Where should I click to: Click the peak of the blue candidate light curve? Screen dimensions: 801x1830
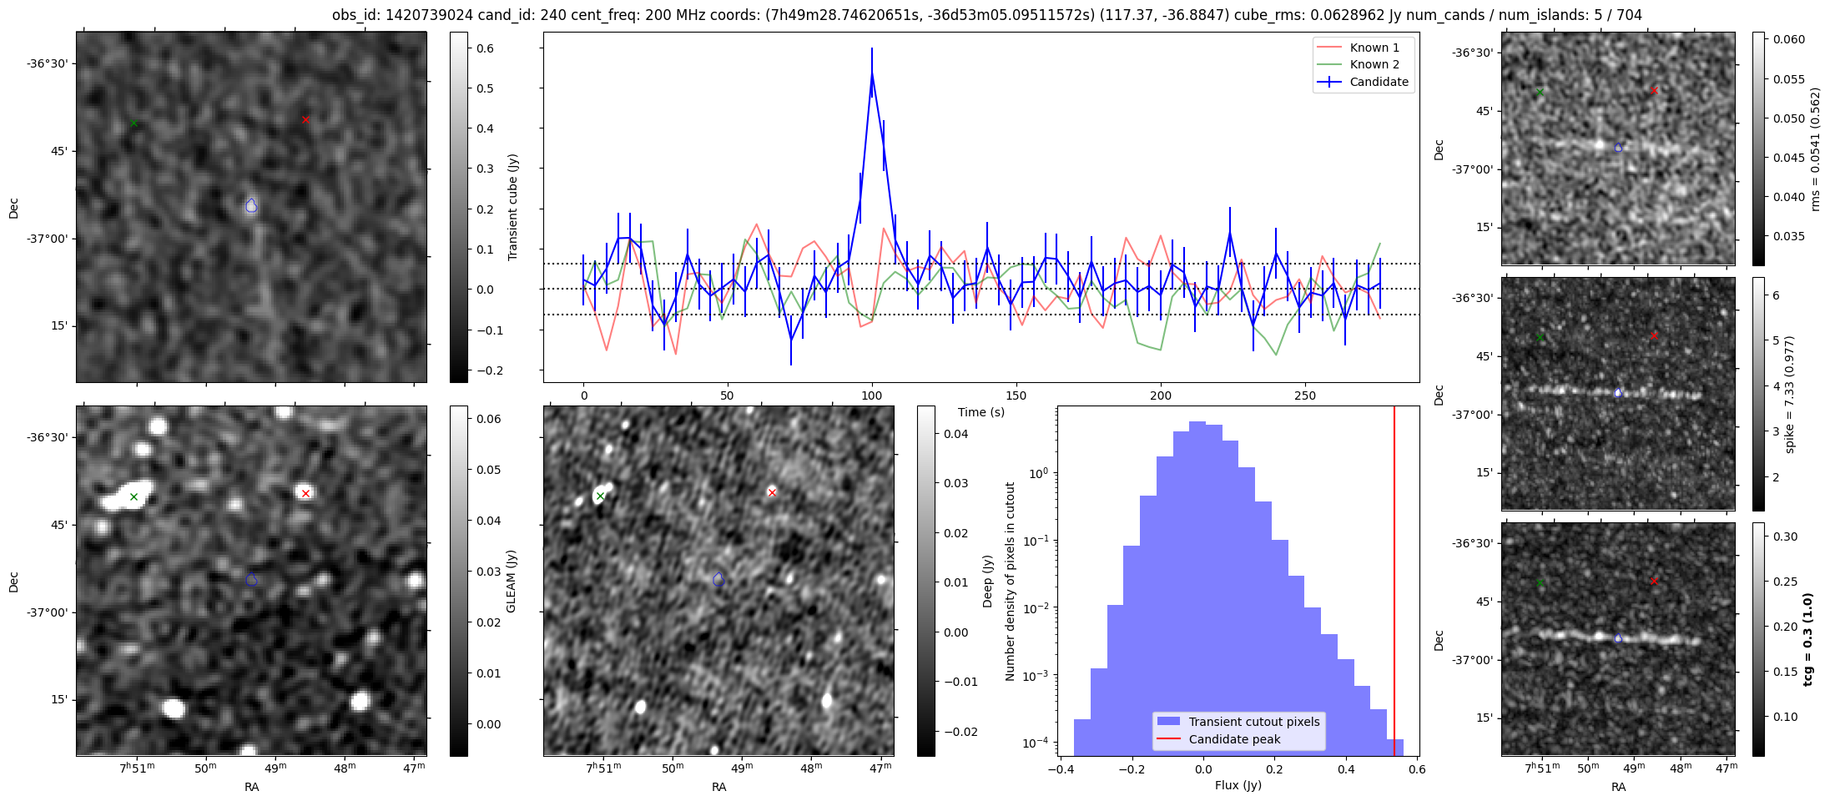(x=871, y=72)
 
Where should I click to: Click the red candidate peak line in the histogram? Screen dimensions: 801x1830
(x=1394, y=584)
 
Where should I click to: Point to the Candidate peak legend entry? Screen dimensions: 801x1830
(x=1234, y=739)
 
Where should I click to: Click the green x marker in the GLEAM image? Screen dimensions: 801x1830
(x=134, y=497)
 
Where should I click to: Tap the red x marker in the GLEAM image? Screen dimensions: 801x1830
(x=305, y=493)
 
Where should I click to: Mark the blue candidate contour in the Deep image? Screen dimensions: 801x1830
(x=718, y=579)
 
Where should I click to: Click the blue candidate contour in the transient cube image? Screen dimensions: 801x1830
(x=251, y=205)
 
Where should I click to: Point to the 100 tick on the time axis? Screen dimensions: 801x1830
(x=871, y=395)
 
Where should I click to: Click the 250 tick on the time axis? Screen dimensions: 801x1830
(x=1304, y=395)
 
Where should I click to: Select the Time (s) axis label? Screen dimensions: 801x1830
(x=981, y=412)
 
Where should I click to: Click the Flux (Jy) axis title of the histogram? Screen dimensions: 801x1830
(x=1238, y=785)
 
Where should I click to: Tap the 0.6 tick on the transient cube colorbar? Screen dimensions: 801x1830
(x=485, y=48)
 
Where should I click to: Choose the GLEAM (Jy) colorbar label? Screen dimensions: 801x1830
(x=511, y=581)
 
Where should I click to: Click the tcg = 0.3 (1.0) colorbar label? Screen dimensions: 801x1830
(x=1807, y=639)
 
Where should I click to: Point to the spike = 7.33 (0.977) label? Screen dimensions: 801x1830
(x=1789, y=394)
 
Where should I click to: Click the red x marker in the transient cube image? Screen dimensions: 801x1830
(x=305, y=120)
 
